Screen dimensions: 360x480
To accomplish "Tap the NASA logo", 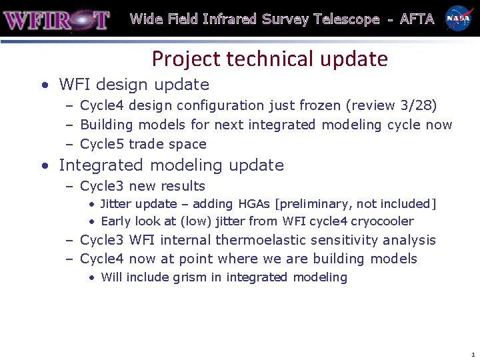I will (x=459, y=19).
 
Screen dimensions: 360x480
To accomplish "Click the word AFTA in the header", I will (x=417, y=19).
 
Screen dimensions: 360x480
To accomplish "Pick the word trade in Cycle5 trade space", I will (x=147, y=144).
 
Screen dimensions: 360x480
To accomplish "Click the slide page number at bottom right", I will (x=473, y=355).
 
